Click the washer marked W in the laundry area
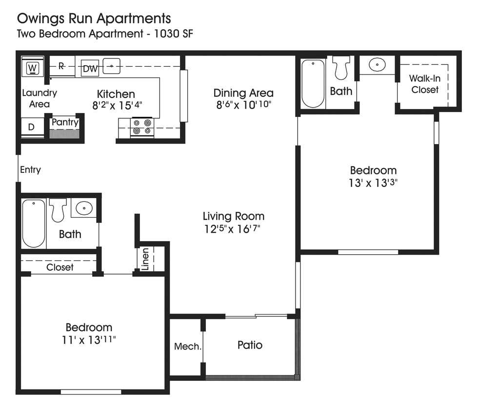pyautogui.click(x=33, y=67)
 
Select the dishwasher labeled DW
pyautogui.click(x=90, y=69)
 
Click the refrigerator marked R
pyautogui.click(x=61, y=66)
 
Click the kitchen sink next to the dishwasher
pyautogui.click(x=112, y=65)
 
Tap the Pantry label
pyautogui.click(x=65, y=122)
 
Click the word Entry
pyautogui.click(x=30, y=170)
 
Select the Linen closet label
pyautogui.click(x=145, y=259)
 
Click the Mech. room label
pyautogui.click(x=187, y=346)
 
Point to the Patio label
pyautogui.click(x=250, y=345)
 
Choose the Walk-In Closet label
pyautogui.click(x=424, y=84)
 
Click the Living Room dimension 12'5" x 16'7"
pyautogui.click(x=233, y=229)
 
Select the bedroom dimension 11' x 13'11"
pyautogui.click(x=89, y=339)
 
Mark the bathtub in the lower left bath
pyautogui.click(x=33, y=223)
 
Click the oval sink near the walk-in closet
pyautogui.click(x=377, y=64)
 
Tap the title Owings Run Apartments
pyautogui.click(x=94, y=19)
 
